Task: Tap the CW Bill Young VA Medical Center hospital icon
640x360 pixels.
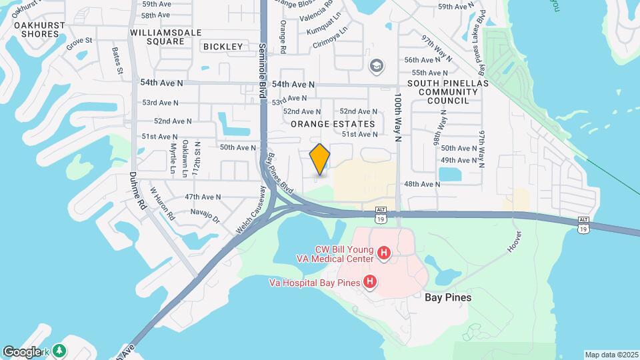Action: coord(384,253)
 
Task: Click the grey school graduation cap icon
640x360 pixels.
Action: coord(377,65)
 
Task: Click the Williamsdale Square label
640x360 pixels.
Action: coord(157,37)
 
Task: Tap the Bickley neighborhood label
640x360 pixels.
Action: coord(223,46)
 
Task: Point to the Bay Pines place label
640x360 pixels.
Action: coord(448,297)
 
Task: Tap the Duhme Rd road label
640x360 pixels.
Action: coord(141,193)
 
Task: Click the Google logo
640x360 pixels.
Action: coord(21,352)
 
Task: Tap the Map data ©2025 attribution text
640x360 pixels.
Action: coord(611,355)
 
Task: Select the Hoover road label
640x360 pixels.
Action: coord(514,241)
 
